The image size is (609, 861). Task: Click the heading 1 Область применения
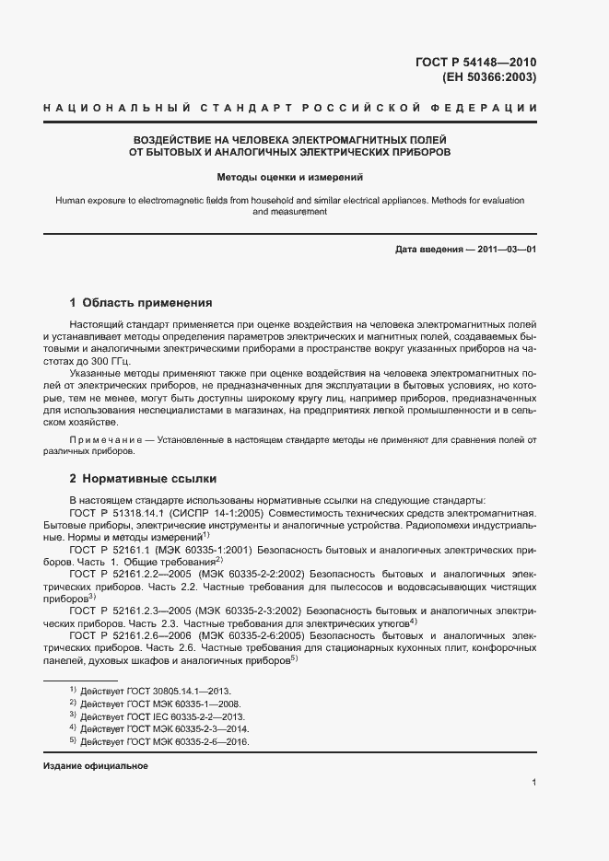click(x=141, y=302)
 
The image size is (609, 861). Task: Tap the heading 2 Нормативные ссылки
click(x=143, y=479)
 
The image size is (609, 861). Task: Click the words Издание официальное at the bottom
click(x=96, y=766)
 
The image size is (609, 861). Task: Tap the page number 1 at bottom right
click(x=533, y=783)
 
